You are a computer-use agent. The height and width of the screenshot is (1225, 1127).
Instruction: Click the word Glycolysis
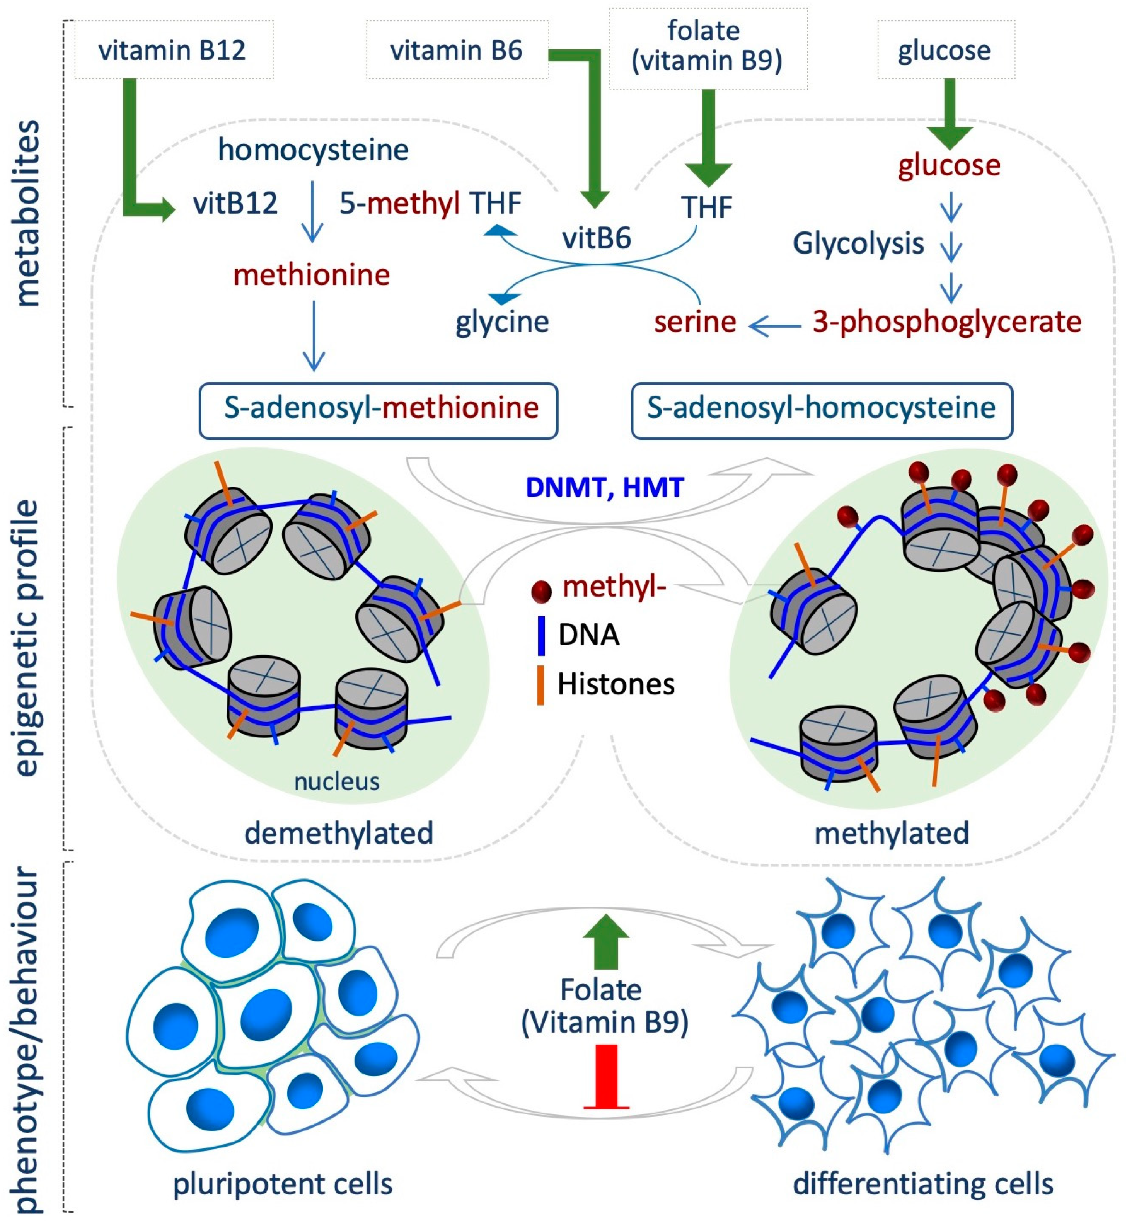click(x=858, y=243)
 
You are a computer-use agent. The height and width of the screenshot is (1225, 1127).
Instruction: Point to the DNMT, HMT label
click(x=604, y=488)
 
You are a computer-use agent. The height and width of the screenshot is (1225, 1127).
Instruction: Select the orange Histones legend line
click(x=540, y=686)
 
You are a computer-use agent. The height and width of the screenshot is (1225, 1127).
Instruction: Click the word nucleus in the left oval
click(x=337, y=782)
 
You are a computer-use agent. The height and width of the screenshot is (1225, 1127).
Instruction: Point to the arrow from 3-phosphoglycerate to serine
click(x=774, y=326)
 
